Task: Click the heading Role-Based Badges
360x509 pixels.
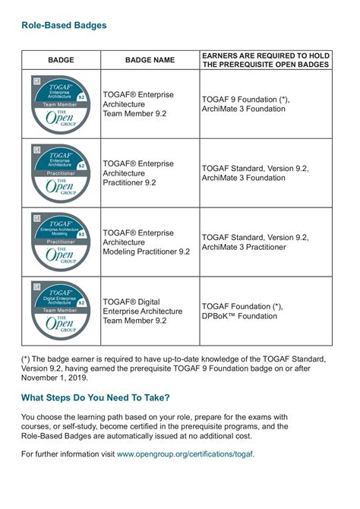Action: (x=64, y=25)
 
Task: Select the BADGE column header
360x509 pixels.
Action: (x=61, y=60)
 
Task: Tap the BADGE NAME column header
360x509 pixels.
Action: (x=150, y=60)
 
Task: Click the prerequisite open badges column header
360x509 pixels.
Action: (x=265, y=60)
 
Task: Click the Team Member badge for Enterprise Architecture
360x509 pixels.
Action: (x=61, y=104)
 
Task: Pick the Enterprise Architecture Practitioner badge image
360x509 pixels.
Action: (x=61, y=172)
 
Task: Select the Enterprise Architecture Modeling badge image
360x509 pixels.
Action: (x=61, y=242)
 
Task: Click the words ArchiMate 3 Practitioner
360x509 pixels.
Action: (x=244, y=247)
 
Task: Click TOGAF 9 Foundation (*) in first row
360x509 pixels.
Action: (x=246, y=100)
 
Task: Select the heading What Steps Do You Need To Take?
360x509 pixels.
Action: (x=96, y=397)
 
